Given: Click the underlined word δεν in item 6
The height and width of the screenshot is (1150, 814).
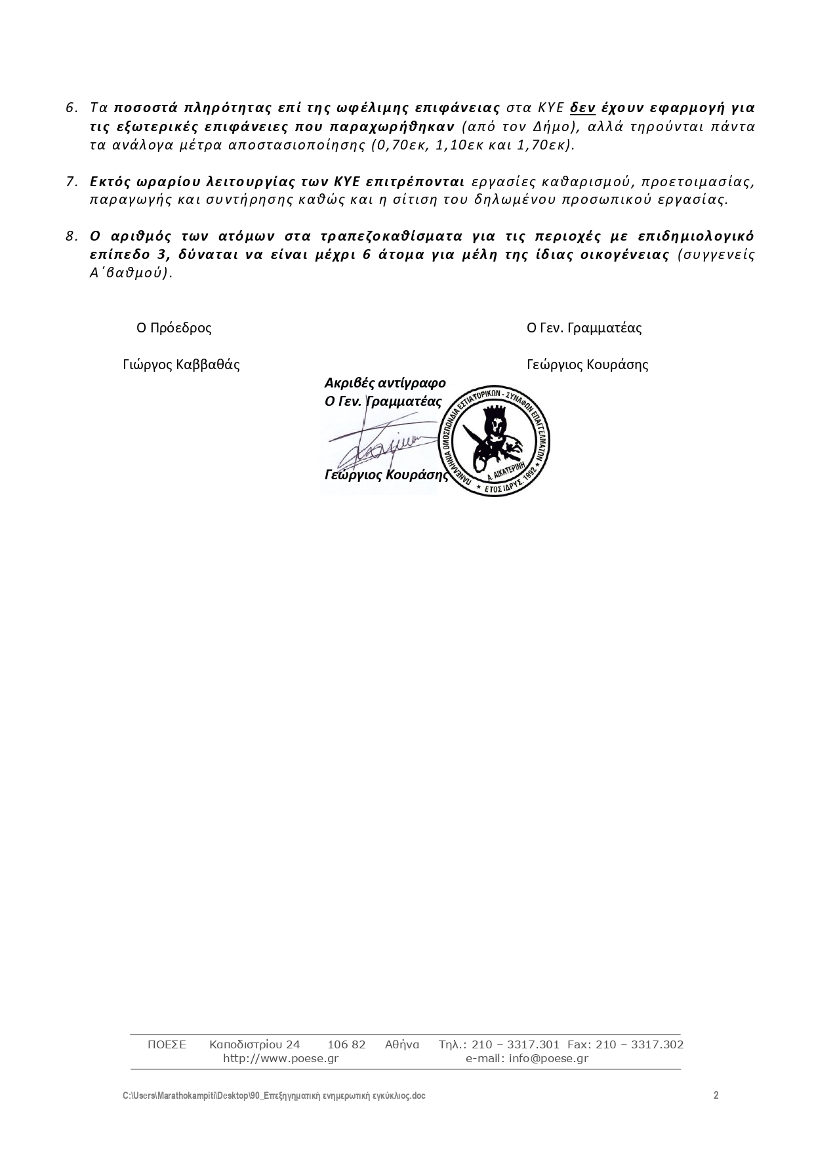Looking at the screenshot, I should [x=582, y=108].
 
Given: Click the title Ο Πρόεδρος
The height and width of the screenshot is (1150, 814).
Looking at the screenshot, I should [x=174, y=328].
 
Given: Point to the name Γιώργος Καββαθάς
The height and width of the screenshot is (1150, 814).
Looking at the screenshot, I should [x=181, y=365].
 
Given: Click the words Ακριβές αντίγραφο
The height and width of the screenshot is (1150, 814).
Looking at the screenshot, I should [x=385, y=383].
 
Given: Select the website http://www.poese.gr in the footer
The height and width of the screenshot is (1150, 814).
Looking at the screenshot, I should [x=281, y=1058].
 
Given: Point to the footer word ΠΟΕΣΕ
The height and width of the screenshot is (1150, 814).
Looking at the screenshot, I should [x=167, y=1044].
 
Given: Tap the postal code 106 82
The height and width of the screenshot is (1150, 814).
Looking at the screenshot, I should [x=346, y=1044].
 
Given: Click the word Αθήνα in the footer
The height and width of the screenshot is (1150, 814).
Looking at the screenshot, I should [x=401, y=1044].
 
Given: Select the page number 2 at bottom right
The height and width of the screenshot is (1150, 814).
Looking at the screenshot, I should [x=716, y=1095].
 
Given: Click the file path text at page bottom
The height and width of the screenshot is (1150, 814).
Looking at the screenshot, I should [x=274, y=1096].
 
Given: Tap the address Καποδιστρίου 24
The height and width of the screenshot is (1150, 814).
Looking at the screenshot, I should [x=254, y=1044].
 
